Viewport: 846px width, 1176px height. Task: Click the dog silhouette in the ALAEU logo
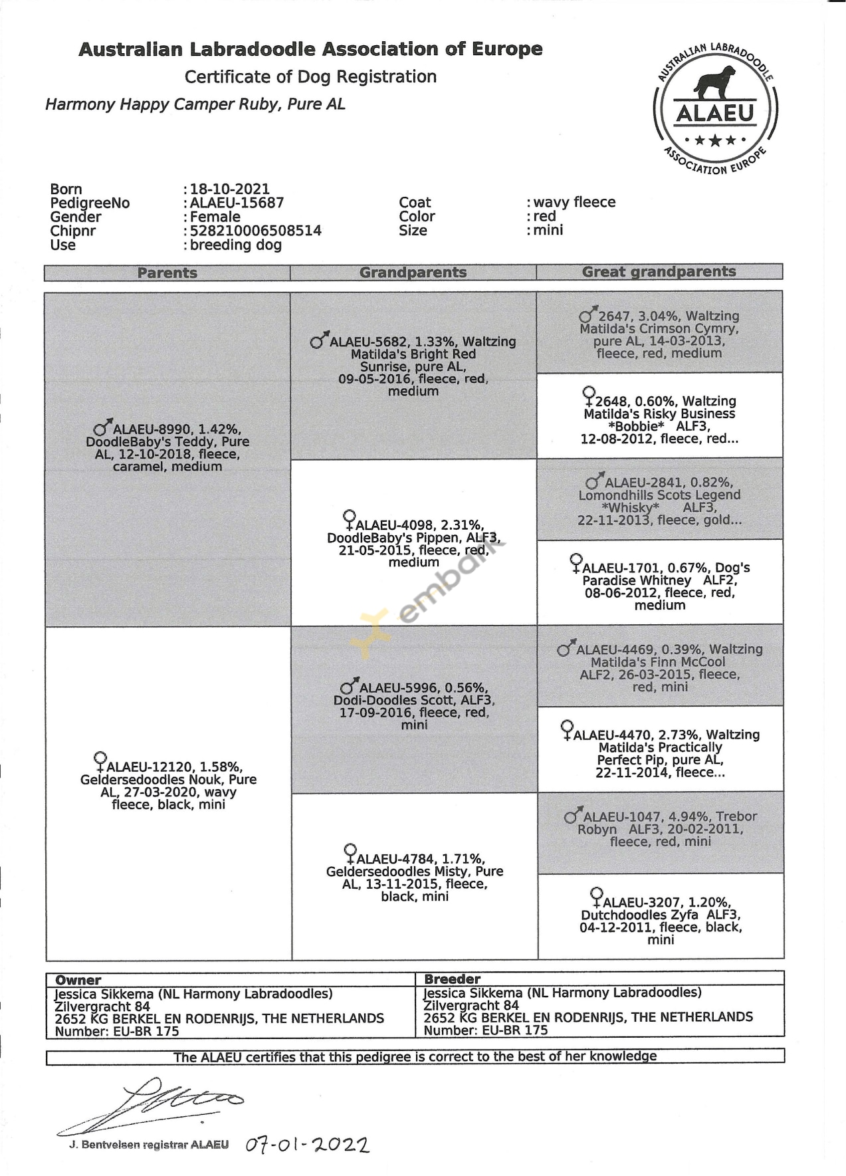pyautogui.click(x=714, y=82)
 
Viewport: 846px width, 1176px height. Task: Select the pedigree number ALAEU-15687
pyautogui.click(x=237, y=203)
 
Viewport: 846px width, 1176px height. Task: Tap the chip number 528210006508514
pyautogui.click(x=255, y=231)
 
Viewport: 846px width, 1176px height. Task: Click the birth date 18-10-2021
pyautogui.click(x=229, y=189)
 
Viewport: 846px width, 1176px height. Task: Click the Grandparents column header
pyautogui.click(x=413, y=273)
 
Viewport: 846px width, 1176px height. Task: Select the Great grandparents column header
pyautogui.click(x=659, y=272)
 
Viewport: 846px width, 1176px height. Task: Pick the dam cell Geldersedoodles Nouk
pyautogui.click(x=168, y=785)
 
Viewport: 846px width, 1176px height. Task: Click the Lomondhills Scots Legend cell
pyautogui.click(x=659, y=501)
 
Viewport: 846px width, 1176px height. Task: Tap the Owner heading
pyautogui.click(x=78, y=980)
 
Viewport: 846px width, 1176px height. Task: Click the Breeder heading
pyautogui.click(x=452, y=979)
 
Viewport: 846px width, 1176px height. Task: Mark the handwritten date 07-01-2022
pyautogui.click(x=307, y=1145)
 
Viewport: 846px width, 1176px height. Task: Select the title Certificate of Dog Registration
pyautogui.click(x=310, y=77)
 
